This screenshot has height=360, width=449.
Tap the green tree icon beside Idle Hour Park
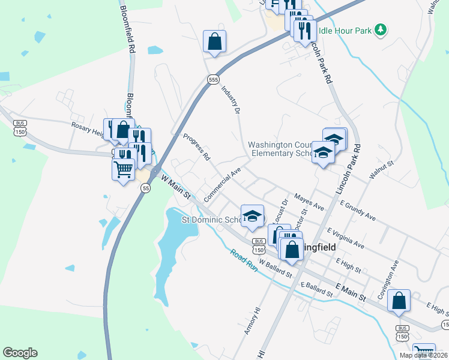(x=379, y=29)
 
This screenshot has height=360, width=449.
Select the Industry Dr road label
(x=231, y=99)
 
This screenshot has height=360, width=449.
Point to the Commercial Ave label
(x=221, y=184)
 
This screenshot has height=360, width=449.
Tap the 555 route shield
(x=213, y=79)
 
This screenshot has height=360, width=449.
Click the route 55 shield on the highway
(x=146, y=188)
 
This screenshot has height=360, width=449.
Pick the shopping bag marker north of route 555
(x=214, y=42)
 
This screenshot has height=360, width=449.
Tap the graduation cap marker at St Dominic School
(x=252, y=216)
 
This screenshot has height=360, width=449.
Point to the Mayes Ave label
(x=309, y=202)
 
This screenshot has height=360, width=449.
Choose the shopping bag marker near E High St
(x=399, y=302)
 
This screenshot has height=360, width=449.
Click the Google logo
(x=20, y=353)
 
